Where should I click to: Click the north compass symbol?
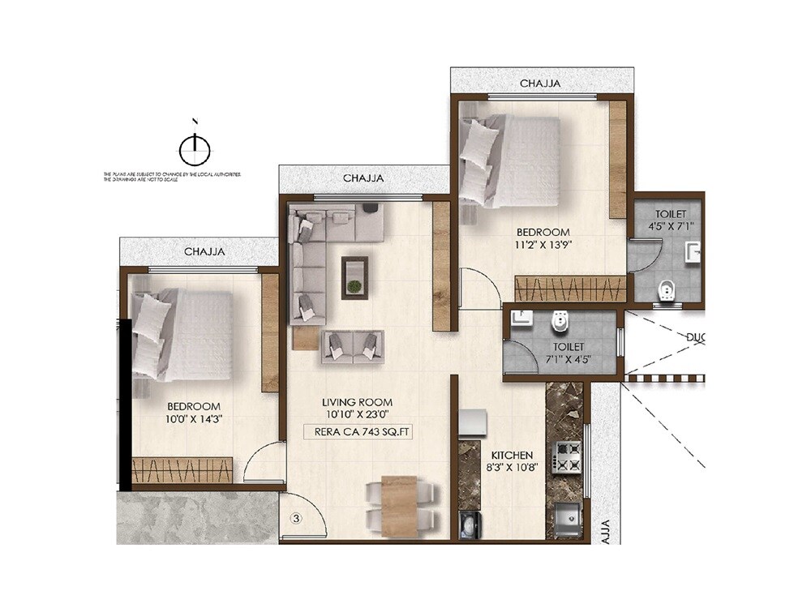[x=194, y=148]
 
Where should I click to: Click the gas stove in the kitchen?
[x=566, y=457]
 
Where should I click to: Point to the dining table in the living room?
[x=398, y=503]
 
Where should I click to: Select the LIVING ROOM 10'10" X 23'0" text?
[x=357, y=408]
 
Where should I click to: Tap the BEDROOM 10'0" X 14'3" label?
[x=194, y=413]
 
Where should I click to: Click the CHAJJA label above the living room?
[x=363, y=178]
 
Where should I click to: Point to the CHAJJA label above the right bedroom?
[x=540, y=83]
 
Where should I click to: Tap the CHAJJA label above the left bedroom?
[x=204, y=252]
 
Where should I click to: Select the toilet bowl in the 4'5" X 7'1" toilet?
[x=666, y=289]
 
